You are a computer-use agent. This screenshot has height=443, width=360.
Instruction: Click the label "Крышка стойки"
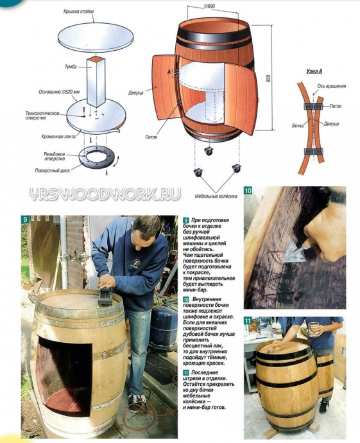point(78,12)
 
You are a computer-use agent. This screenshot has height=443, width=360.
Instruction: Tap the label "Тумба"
point(71,67)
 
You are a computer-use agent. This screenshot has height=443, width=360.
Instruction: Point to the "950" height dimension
point(268,78)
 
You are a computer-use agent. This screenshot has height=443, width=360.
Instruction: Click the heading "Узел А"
point(314,71)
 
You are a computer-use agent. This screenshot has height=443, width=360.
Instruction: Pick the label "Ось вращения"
point(332,86)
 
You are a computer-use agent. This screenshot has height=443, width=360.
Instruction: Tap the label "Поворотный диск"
point(52,171)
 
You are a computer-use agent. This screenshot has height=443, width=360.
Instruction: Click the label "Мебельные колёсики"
point(216,196)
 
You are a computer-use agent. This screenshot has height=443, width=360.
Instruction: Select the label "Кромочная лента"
point(58,137)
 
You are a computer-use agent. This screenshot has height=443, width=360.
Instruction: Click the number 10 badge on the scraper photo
point(248,191)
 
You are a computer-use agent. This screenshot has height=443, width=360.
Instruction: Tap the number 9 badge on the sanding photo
point(25,220)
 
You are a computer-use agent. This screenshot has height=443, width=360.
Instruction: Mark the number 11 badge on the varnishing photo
point(248,320)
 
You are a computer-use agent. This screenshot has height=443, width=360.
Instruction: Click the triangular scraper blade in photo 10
point(293,254)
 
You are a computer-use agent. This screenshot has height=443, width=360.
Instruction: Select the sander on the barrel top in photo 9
point(105,298)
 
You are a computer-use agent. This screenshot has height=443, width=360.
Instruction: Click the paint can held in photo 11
point(314,329)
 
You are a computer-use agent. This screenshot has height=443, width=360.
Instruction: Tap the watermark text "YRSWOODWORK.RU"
point(105,194)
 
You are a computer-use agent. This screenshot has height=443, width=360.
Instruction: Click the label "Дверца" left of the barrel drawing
point(136,93)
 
